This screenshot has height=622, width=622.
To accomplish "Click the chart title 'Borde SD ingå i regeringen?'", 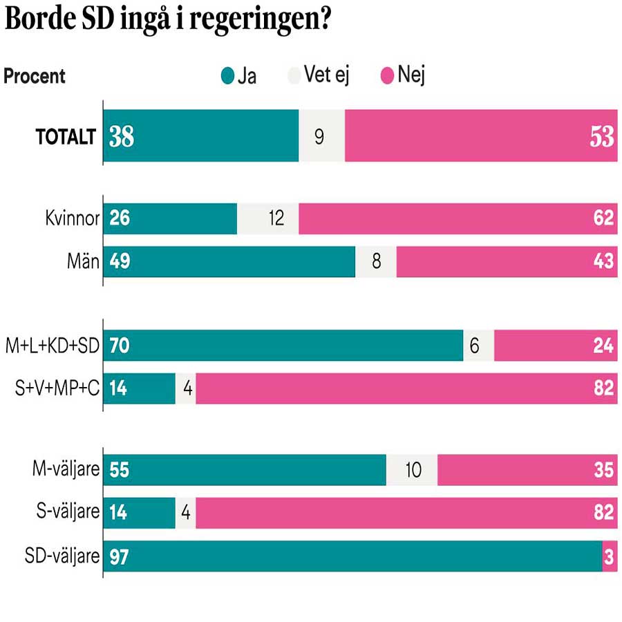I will point(166,21).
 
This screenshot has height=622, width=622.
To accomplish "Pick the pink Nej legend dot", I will point(386,76).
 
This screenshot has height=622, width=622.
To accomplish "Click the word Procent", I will point(35,76).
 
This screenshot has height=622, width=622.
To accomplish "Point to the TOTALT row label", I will point(65,137).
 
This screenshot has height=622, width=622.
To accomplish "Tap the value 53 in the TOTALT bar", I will point(601,137).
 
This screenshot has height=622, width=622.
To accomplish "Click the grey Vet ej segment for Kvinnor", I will point(268,218).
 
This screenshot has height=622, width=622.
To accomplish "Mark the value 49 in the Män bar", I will point(120,261).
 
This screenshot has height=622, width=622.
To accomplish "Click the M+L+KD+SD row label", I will point(53,346).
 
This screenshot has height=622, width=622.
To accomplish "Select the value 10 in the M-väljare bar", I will point(413,471).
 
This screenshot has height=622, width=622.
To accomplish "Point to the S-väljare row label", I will point(68,513).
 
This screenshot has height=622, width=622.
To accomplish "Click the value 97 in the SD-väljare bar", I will point(120,557).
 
